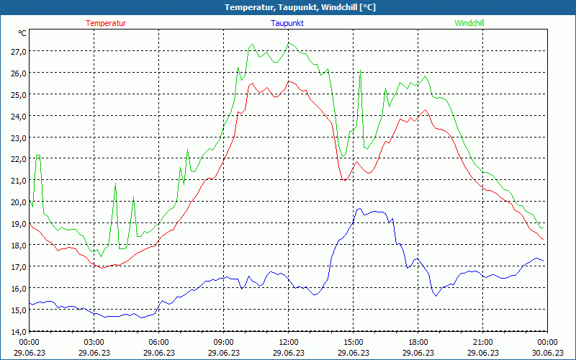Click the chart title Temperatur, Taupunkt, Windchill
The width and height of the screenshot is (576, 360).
coord(289,7)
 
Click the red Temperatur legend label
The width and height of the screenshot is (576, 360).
coord(106,23)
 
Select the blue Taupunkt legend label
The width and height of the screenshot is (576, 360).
coord(287,23)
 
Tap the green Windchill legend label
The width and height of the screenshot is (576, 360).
coord(469,23)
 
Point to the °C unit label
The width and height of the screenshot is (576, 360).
coord(23,33)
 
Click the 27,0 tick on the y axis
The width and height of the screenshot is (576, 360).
coord(18,51)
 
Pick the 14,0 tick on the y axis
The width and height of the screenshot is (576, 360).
coord(18,331)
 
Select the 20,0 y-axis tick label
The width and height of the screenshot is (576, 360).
coord(18,202)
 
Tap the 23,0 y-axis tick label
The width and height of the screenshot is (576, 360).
coord(18,138)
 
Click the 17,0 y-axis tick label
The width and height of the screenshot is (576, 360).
coord(18,266)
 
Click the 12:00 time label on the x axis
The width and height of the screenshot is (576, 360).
coord(289,342)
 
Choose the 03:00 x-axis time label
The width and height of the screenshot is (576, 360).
coord(94,342)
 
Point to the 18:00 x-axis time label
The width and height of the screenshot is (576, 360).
coord(418,342)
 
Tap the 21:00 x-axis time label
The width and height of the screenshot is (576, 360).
coord(483,342)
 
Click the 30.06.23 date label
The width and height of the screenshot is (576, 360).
coord(548,353)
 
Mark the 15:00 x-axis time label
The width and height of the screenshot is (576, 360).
coord(354,342)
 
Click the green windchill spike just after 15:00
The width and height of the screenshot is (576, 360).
coord(360,71)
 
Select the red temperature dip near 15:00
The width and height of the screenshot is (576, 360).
coord(346,179)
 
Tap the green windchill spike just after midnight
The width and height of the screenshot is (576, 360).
coord(37,156)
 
